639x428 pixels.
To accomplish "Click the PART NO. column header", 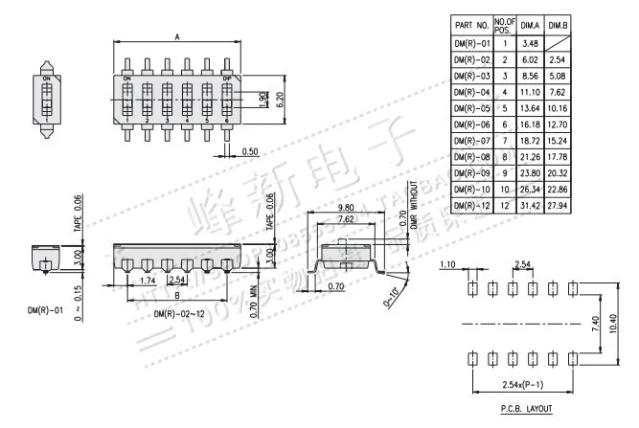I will coord(471,25).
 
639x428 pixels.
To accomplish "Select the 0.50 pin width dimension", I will coord(250,152).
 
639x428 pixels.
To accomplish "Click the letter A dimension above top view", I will coord(178,36).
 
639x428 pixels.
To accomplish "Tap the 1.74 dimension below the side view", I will coord(148,280).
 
